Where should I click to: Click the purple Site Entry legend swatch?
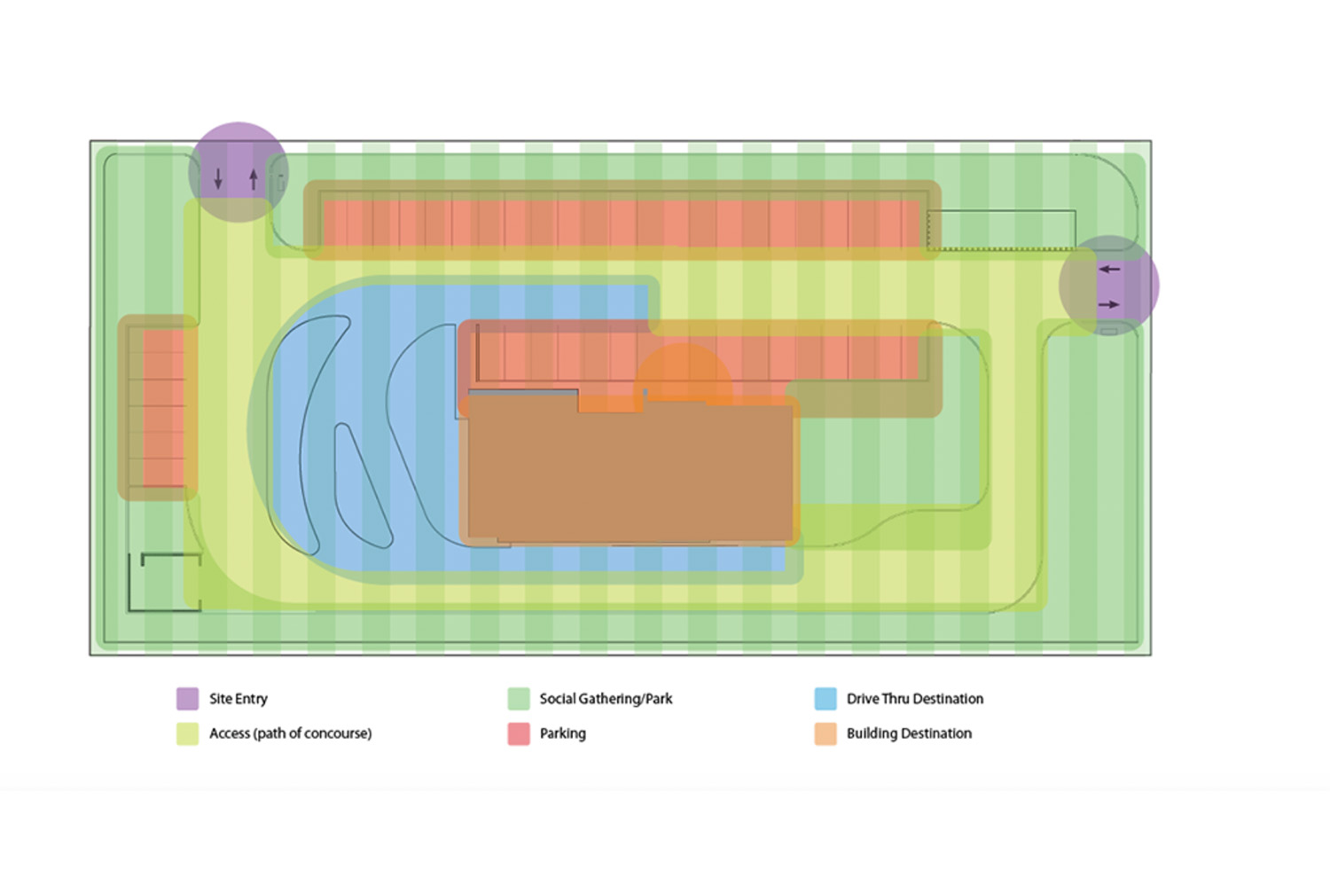click(187, 699)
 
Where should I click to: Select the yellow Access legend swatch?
click(187, 733)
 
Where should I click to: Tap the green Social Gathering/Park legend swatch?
click(519, 699)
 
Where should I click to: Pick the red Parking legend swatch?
click(519, 733)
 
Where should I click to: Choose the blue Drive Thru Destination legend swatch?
click(825, 699)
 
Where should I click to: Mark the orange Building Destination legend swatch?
click(825, 733)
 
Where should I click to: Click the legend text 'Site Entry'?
click(238, 699)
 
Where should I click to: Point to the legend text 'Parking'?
click(562, 733)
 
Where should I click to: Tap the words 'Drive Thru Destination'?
click(914, 699)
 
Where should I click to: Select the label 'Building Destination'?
click(909, 733)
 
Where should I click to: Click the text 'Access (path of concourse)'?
click(290, 733)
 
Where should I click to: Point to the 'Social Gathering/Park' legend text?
click(606, 699)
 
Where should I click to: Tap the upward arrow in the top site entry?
click(254, 179)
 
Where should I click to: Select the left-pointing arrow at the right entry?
click(1109, 269)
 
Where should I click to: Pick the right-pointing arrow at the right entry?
click(1109, 304)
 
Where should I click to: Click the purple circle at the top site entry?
click(238, 151)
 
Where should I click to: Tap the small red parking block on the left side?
click(163, 407)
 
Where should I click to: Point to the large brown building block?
click(630, 470)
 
